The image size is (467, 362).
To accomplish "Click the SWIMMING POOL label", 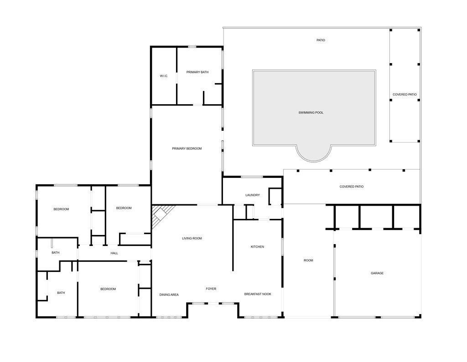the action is [x=311, y=112].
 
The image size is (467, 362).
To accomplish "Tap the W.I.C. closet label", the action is [x=164, y=76].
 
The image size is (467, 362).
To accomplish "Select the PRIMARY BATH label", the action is [x=197, y=72].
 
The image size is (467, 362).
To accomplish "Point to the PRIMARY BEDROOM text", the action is [x=187, y=149].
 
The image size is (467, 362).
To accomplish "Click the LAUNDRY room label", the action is [x=253, y=195].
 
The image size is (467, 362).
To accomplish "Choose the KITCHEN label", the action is [x=257, y=246].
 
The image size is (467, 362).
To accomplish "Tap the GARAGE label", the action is [x=377, y=273].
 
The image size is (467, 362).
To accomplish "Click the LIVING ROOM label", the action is [x=192, y=238].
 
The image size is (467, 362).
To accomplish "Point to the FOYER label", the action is [x=211, y=288].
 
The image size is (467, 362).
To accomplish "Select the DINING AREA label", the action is [x=169, y=294].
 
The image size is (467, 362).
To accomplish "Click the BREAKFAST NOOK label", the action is [x=258, y=294].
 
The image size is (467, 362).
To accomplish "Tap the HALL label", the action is [x=114, y=253].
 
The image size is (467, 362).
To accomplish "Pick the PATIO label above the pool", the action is [x=321, y=40].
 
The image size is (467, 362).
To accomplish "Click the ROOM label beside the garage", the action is [x=308, y=260].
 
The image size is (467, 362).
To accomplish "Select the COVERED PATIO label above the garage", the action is [x=352, y=186].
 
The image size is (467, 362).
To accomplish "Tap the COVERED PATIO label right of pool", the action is [x=405, y=94].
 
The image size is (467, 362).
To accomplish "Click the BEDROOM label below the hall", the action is [x=108, y=289].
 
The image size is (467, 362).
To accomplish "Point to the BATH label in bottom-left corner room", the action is [x=61, y=293].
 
